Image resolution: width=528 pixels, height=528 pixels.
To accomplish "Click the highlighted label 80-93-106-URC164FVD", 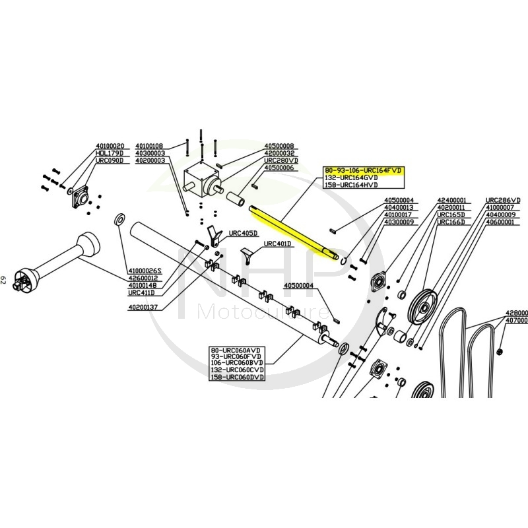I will click(362, 171).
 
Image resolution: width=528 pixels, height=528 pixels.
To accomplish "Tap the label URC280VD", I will click(281, 160).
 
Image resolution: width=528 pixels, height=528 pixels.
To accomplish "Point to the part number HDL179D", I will click(110, 153).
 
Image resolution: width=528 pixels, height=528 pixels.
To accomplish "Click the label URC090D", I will click(110, 160).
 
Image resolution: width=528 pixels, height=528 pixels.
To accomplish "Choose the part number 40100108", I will click(149, 146).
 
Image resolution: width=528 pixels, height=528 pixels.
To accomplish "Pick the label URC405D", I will click(243, 234).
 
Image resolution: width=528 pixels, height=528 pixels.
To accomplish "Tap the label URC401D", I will click(277, 244).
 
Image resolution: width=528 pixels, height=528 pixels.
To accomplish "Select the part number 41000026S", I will click(145, 271).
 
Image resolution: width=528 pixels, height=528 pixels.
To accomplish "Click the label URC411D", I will click(141, 292).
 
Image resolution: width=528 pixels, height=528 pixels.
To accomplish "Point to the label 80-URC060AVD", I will click(236, 349).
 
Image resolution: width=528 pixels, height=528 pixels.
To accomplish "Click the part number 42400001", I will click(451, 200).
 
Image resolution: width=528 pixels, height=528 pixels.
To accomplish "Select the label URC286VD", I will click(503, 200).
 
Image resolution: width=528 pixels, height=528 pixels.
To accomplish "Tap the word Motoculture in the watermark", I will click(264, 311).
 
